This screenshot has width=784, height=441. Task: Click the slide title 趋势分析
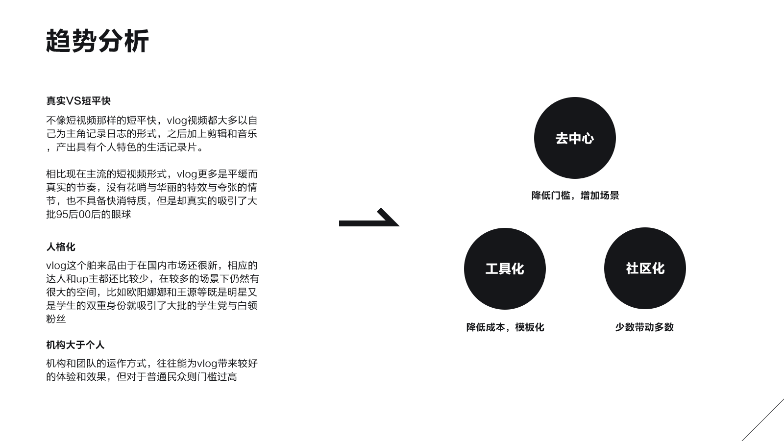(x=97, y=41)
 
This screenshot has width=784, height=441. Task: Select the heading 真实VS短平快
(x=78, y=101)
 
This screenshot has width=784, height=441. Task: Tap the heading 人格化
(x=61, y=247)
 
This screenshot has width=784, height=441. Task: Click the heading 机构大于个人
(x=75, y=345)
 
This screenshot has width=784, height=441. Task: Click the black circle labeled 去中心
(x=575, y=138)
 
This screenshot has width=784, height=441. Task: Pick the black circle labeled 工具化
(x=505, y=269)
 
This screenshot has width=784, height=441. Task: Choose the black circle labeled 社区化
(x=645, y=269)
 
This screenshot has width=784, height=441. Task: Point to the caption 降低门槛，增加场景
(x=575, y=196)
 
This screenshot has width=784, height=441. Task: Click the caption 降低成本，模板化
(x=505, y=327)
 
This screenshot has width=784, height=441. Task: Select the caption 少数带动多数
(x=644, y=327)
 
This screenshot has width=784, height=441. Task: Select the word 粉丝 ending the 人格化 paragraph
(x=56, y=319)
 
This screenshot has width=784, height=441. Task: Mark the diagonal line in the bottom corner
(x=763, y=419)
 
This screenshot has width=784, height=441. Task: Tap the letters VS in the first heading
(x=73, y=101)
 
